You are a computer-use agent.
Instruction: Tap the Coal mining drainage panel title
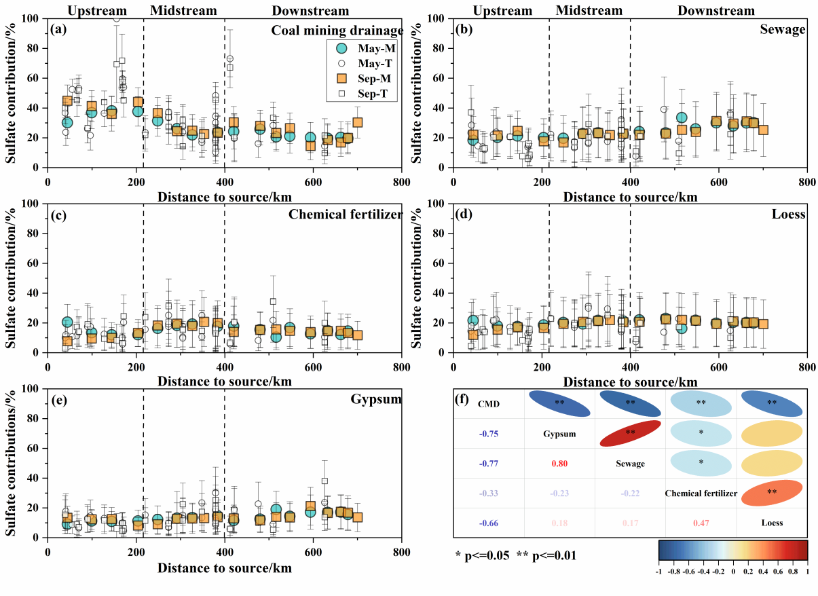point(337,31)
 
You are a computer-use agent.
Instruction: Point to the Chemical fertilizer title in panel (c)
point(346,215)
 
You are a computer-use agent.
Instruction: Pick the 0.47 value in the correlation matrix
point(700,523)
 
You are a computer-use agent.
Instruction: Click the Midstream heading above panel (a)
point(183,11)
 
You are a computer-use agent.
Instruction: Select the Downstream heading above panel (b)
point(716,11)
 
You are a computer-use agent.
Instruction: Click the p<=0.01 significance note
point(547,555)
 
